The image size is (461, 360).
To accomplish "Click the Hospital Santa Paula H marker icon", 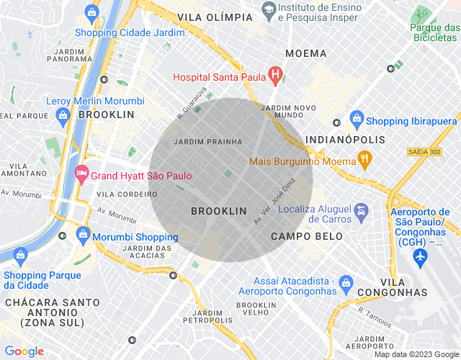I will click(274, 74).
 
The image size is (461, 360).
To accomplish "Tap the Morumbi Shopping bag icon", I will click(84, 235).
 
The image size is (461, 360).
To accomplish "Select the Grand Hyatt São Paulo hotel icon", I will click(81, 173).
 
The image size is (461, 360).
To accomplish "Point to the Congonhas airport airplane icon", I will click(421, 256).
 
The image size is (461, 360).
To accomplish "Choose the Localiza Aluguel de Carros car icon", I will click(362, 212).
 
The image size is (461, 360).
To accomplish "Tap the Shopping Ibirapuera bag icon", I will click(356, 119).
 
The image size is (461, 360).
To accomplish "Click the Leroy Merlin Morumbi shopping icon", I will click(63, 114).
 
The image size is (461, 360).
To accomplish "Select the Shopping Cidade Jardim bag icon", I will click(91, 12).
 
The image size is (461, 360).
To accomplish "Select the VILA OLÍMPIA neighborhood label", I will click(210, 16).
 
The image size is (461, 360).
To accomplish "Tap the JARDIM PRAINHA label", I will click(207, 142).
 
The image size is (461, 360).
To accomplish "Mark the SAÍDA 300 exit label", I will click(424, 152).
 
